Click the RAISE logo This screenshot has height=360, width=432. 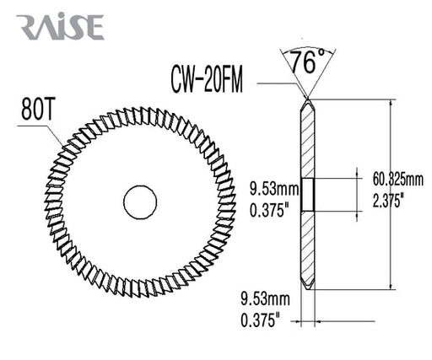click(60, 26)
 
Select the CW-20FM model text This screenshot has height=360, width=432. click(207, 79)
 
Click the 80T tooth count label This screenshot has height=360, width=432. click(37, 110)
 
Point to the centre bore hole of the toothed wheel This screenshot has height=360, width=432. click(140, 202)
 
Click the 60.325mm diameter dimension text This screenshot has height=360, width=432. click(398, 180)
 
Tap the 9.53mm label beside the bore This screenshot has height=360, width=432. click(274, 189)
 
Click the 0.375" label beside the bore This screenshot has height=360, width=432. click(269, 210)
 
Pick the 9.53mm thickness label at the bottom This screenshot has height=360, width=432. click(265, 298)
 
